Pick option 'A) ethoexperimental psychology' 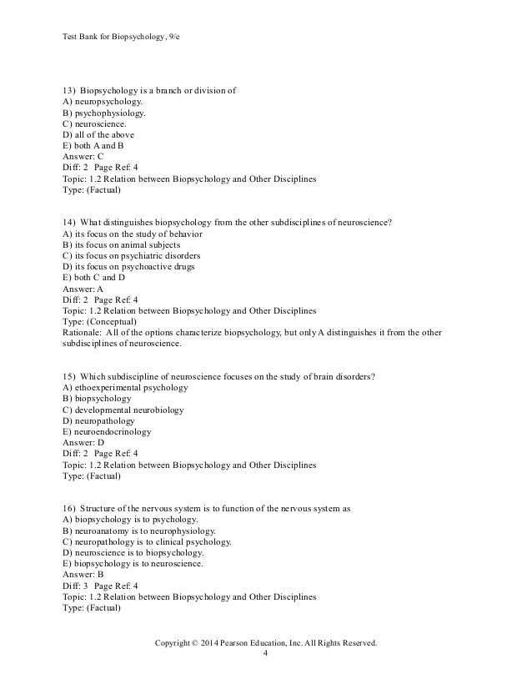point(126,388)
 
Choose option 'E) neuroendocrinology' point(108,431)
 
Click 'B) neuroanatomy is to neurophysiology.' point(139,531)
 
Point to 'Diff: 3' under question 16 point(76,575)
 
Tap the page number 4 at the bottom point(265,654)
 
